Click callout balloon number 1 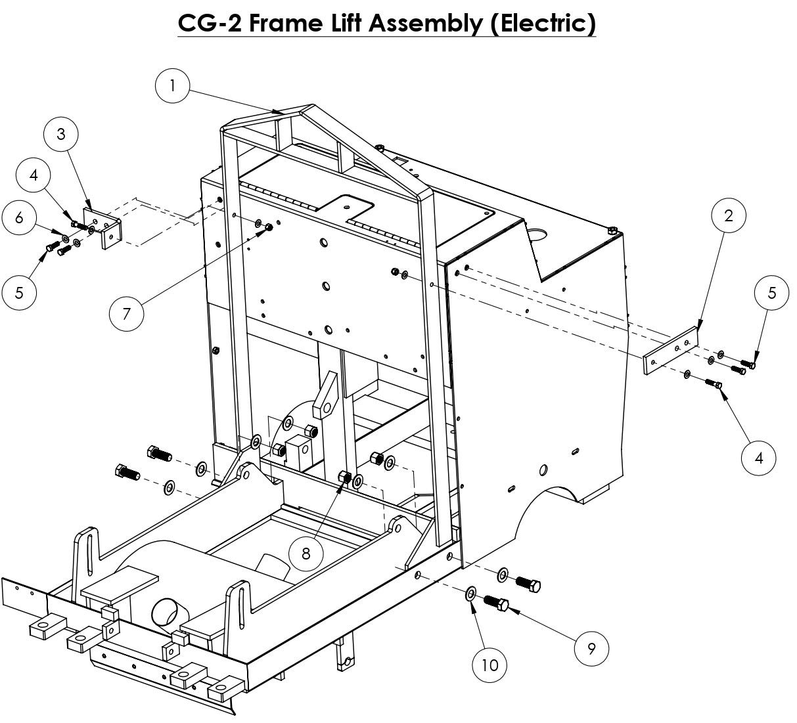172,86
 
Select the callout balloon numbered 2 728,215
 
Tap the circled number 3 61,134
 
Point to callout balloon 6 19,217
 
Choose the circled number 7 127,313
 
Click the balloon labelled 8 306,553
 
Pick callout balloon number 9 591,649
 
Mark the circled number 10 490,665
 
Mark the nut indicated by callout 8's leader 343,477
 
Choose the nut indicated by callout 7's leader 269,228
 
